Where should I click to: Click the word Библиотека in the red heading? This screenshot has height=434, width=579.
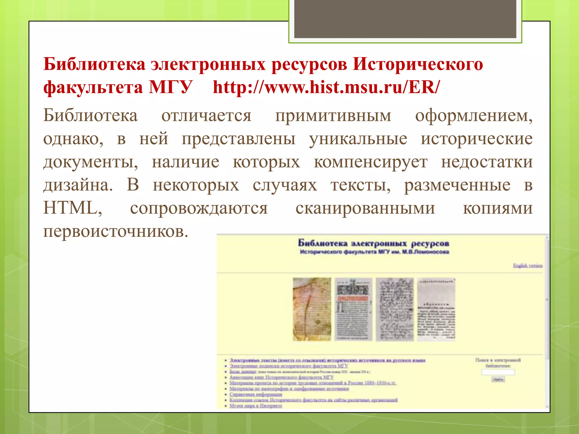pyautogui.click(x=94, y=64)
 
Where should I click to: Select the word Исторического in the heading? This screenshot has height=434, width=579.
pyautogui.click(x=418, y=64)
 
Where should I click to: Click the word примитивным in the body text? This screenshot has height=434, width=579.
pyautogui.click(x=333, y=116)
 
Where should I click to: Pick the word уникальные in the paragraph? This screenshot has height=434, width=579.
pyautogui.click(x=358, y=139)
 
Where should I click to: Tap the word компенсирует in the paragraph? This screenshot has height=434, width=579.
pyautogui.click(x=371, y=162)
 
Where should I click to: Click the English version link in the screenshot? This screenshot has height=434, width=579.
pyautogui.click(x=528, y=265)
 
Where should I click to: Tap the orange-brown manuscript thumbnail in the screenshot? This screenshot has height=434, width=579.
pyautogui.click(x=312, y=309)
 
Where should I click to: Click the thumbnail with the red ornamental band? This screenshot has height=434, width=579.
pyautogui.click(x=353, y=309)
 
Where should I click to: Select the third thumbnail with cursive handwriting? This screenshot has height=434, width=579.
pyautogui.click(x=395, y=309)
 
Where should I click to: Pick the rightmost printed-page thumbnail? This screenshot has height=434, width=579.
pyautogui.click(x=436, y=309)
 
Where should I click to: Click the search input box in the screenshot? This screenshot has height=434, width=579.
pyautogui.click(x=498, y=372)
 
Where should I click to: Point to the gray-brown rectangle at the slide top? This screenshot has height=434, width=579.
pyautogui.click(x=405, y=19)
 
